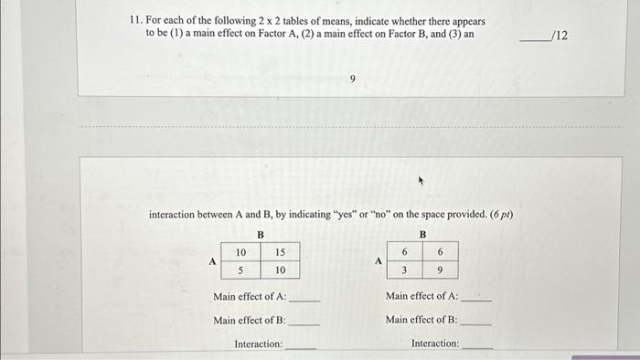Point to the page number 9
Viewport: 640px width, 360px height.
pos(352,79)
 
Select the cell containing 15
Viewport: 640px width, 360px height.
pos(281,252)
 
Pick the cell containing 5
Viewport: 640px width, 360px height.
pos(240,270)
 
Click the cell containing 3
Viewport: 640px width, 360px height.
pos(403,270)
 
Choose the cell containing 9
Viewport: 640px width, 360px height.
pos(441,270)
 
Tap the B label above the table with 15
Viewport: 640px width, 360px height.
pos(261,234)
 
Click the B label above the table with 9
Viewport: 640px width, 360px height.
pos(422,234)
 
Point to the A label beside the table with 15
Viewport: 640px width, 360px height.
pos(212,260)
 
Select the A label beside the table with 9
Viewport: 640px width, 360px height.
pos(377,260)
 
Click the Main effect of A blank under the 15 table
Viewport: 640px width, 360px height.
pos(304,299)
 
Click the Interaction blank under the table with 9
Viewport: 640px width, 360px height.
pos(477,346)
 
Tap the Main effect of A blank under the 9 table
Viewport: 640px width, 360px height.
pos(477,299)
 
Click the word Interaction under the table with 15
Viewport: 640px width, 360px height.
pos(259,344)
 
